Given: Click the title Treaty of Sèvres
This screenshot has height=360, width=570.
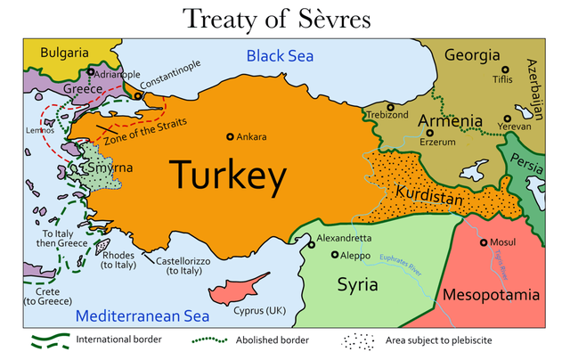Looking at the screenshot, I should tap(284, 18).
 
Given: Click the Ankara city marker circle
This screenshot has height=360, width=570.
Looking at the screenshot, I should tap(230, 136).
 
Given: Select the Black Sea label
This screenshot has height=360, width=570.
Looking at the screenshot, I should tap(281, 55).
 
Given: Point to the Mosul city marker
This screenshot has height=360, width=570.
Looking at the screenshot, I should tap(484, 242).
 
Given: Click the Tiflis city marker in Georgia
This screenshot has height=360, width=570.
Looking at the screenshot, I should tap(505, 70).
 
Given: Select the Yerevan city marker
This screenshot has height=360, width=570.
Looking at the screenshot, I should tap(507, 118).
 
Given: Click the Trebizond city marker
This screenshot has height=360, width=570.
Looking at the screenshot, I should tap(390, 108).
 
